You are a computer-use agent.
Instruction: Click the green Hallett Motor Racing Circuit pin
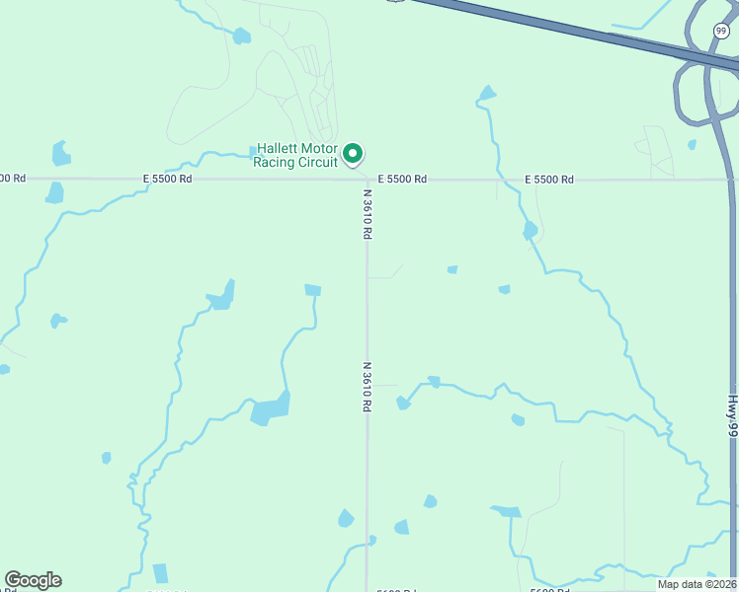(353, 154)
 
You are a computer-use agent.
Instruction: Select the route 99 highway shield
(721, 32)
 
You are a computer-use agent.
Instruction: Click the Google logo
(33, 579)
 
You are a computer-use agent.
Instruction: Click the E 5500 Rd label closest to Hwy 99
(548, 179)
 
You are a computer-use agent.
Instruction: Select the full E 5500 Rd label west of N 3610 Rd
(167, 179)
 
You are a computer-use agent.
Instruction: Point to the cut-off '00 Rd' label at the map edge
(13, 178)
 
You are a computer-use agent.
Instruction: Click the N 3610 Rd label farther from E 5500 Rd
(367, 386)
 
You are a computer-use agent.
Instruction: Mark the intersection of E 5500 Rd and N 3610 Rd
(367, 180)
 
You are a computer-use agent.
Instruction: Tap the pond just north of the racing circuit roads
(241, 37)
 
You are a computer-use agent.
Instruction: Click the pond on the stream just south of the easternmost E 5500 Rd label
(531, 231)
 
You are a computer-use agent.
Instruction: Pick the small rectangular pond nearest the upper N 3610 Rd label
(313, 290)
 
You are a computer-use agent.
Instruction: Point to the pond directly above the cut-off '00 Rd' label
(61, 154)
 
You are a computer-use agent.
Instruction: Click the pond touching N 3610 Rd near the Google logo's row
(371, 540)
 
